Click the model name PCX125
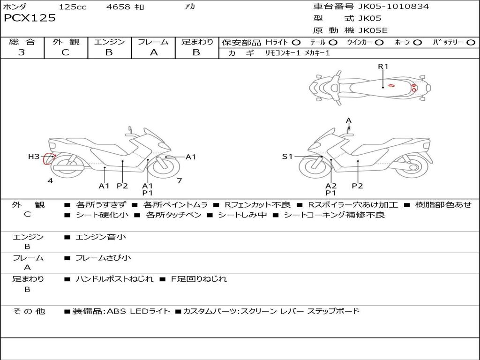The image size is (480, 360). tap(30, 18)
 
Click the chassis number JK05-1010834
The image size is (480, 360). tap(393, 7)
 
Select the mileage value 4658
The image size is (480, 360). tap(118, 7)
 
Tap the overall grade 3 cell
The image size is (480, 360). tap(22, 52)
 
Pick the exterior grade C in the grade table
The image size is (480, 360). tap(65, 52)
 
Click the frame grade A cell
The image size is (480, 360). tap(153, 52)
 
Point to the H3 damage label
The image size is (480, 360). tap(34, 157)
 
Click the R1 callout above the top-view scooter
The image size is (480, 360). tap(383, 67)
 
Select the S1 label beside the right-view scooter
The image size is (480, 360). tap(287, 157)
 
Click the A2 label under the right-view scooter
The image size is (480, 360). tap(331, 186)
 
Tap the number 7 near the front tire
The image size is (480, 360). tap(179, 180)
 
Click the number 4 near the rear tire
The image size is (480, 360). tap(50, 180)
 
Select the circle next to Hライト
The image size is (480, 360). tap(296, 42)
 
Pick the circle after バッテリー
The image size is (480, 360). tap(470, 42)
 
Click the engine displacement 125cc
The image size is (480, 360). tap(73, 7)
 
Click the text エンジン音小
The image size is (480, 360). tap(101, 237)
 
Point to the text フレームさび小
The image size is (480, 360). tap(104, 258)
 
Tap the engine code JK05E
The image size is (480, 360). tap(373, 30)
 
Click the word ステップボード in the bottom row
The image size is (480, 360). tap(333, 311)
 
